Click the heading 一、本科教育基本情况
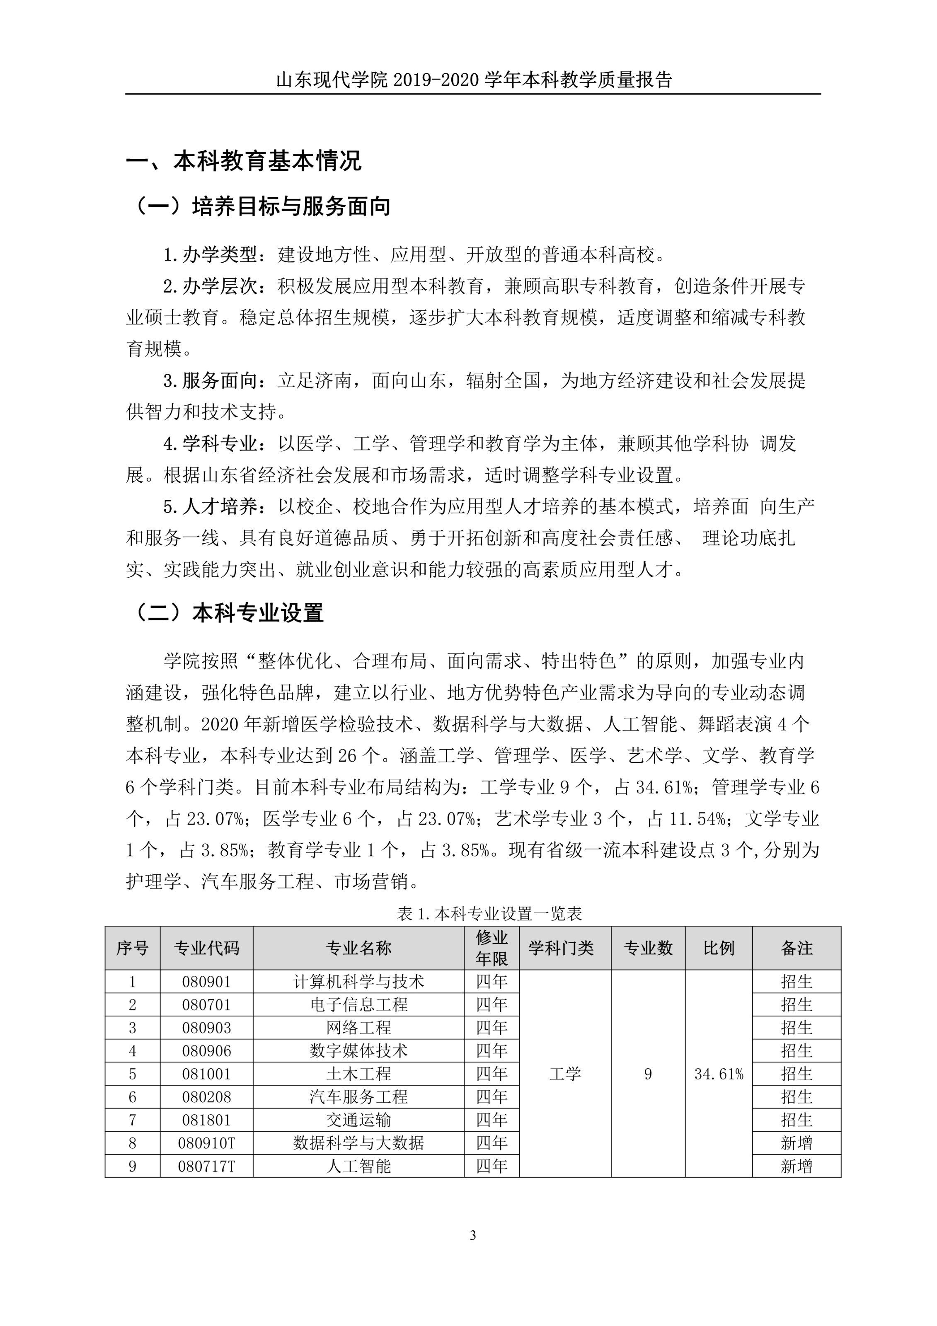pyautogui.click(x=243, y=161)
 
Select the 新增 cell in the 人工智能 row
pyautogui.click(x=796, y=1166)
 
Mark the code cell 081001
pyautogui.click(x=206, y=1074)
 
